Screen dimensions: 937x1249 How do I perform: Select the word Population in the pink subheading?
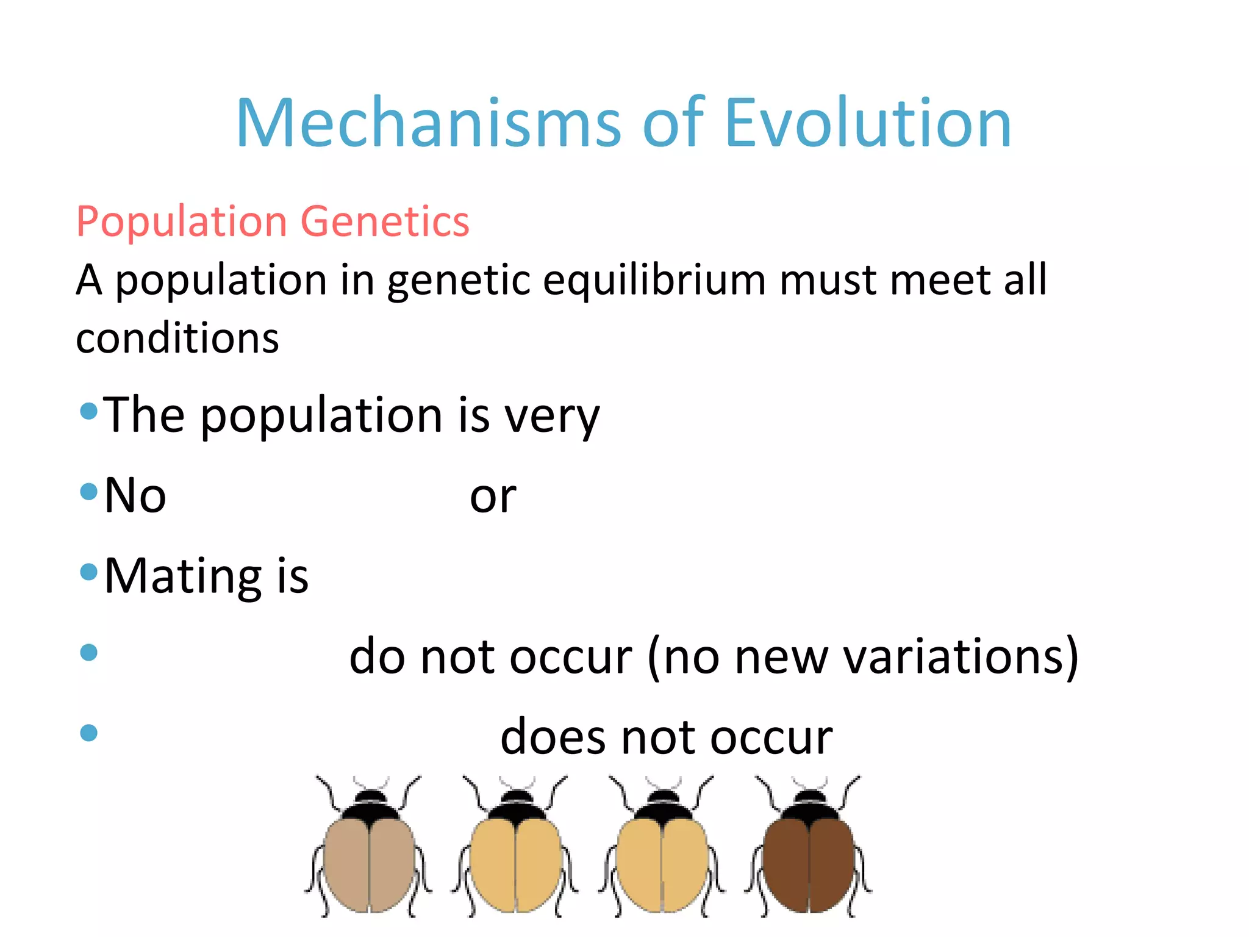click(182, 221)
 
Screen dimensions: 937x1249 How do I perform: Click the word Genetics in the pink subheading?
click(385, 221)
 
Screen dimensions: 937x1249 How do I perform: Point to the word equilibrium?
click(654, 281)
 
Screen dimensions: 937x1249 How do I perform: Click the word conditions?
click(177, 339)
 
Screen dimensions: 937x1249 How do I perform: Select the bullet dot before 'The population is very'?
click(89, 411)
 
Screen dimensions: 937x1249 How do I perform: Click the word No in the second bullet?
click(135, 495)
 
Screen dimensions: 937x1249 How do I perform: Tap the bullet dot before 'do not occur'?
click(89, 652)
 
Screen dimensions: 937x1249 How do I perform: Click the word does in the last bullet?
click(554, 738)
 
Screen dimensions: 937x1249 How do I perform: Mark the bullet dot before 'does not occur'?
click(89, 732)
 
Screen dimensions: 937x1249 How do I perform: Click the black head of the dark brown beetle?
click(809, 805)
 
